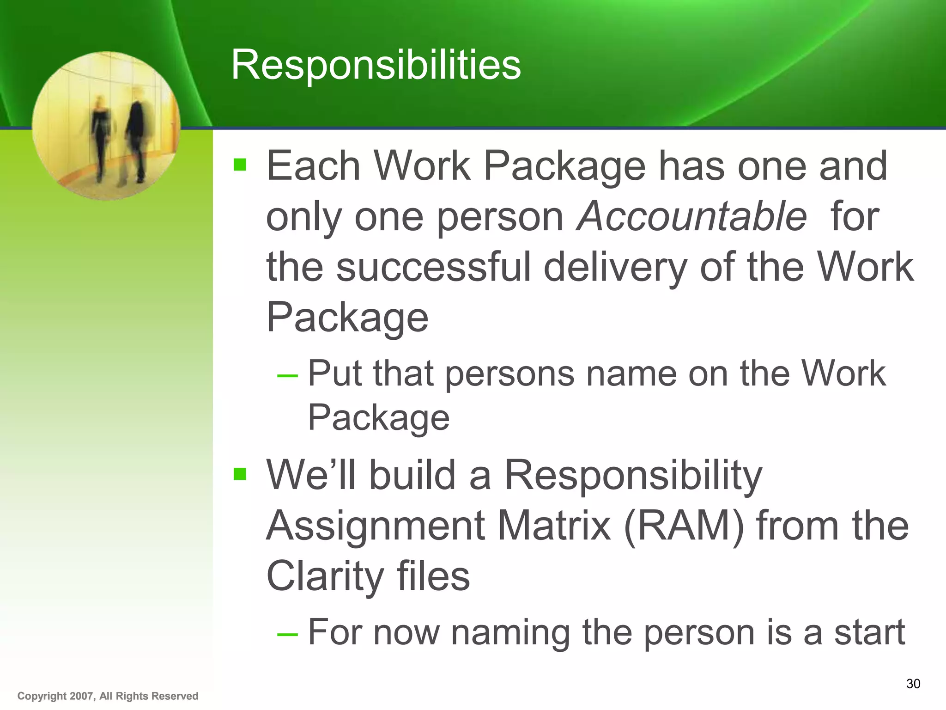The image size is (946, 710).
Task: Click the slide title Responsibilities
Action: pos(376,65)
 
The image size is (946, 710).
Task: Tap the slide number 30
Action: pos(913,684)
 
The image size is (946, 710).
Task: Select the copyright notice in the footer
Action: pos(108,696)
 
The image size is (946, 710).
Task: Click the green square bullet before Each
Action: pos(240,164)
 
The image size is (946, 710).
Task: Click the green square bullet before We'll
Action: pos(240,474)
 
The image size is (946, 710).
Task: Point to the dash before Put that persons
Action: pos(287,375)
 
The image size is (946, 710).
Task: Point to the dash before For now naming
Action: pos(287,634)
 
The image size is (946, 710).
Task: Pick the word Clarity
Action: pos(324,576)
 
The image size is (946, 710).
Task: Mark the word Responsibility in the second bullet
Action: pos(633,476)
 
